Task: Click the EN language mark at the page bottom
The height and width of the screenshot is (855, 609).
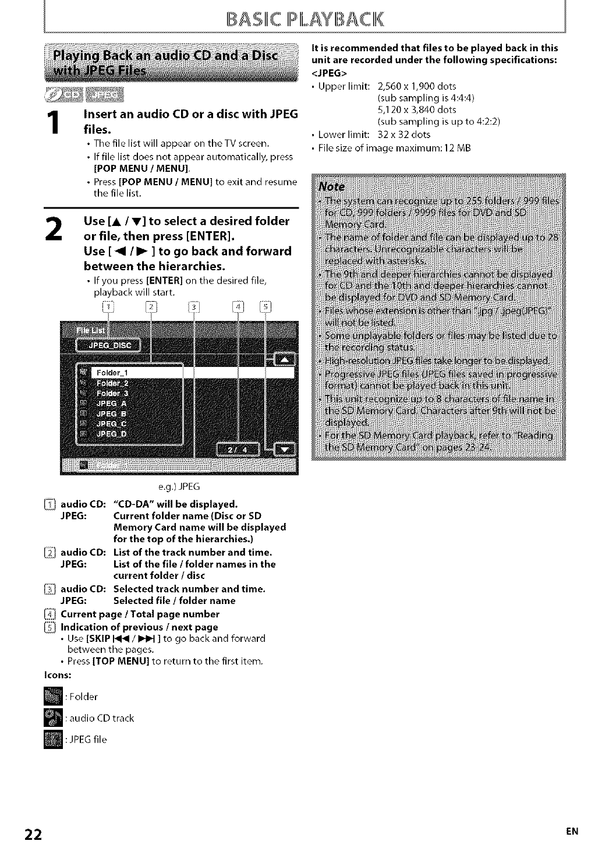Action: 573,832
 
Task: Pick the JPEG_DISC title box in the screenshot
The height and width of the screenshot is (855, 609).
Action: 109,345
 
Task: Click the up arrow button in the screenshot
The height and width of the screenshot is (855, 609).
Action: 284,359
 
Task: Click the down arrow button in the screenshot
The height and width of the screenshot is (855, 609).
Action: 285,449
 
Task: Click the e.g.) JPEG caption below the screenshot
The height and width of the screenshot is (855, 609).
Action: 179,486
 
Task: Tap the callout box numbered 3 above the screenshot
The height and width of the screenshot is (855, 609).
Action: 194,306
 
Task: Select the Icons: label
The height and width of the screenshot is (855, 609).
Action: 58,674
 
